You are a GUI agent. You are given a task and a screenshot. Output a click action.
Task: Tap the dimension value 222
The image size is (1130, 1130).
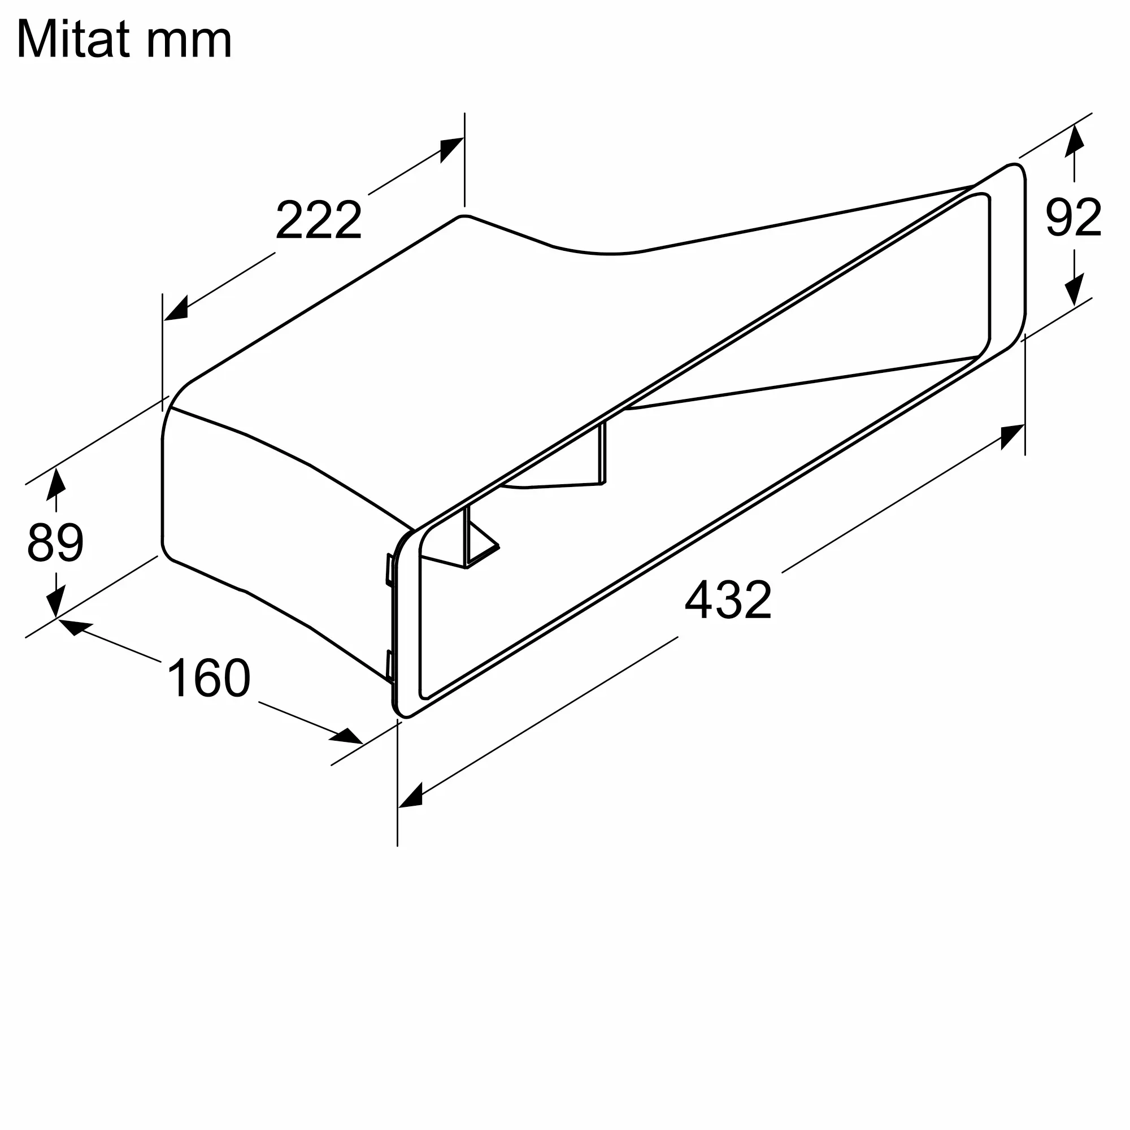click(x=319, y=220)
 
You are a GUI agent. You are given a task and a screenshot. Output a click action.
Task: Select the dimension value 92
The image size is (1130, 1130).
click(x=1073, y=217)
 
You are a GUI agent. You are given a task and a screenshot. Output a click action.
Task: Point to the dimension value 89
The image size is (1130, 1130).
click(x=55, y=542)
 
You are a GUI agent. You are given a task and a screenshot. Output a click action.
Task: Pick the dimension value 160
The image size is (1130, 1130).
click(x=209, y=678)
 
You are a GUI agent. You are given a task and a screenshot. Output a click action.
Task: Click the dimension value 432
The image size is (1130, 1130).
click(x=728, y=599)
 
